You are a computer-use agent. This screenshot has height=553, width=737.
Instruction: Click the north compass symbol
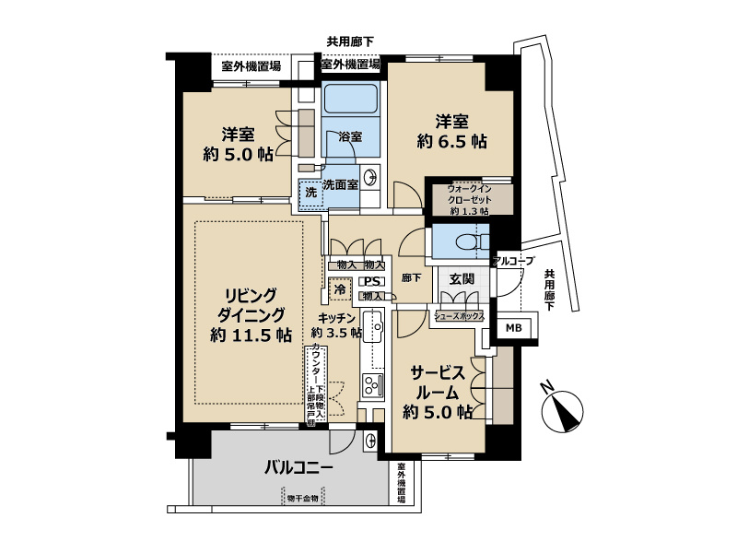pyautogui.click(x=565, y=408)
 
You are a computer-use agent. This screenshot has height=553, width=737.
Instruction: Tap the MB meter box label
pyautogui.click(x=511, y=327)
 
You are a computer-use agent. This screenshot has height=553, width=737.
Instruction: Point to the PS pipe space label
pyautogui.click(x=373, y=282)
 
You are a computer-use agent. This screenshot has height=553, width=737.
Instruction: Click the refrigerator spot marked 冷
pyautogui.click(x=340, y=290)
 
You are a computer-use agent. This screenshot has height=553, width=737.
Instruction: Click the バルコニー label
pyautogui.click(x=299, y=467)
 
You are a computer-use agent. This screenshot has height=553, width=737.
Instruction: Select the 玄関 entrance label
pyautogui.click(x=462, y=279)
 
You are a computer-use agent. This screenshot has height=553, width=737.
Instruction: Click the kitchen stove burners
pyautogui.click(x=373, y=385)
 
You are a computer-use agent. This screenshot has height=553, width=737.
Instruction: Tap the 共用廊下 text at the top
pyautogui.click(x=350, y=41)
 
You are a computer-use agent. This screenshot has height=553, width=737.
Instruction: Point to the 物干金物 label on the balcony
pyautogui.click(x=301, y=498)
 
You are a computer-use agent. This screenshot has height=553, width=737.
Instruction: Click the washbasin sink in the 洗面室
pyautogui.click(x=369, y=176)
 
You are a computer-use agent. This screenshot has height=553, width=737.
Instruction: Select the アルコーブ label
pyautogui.click(x=513, y=262)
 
